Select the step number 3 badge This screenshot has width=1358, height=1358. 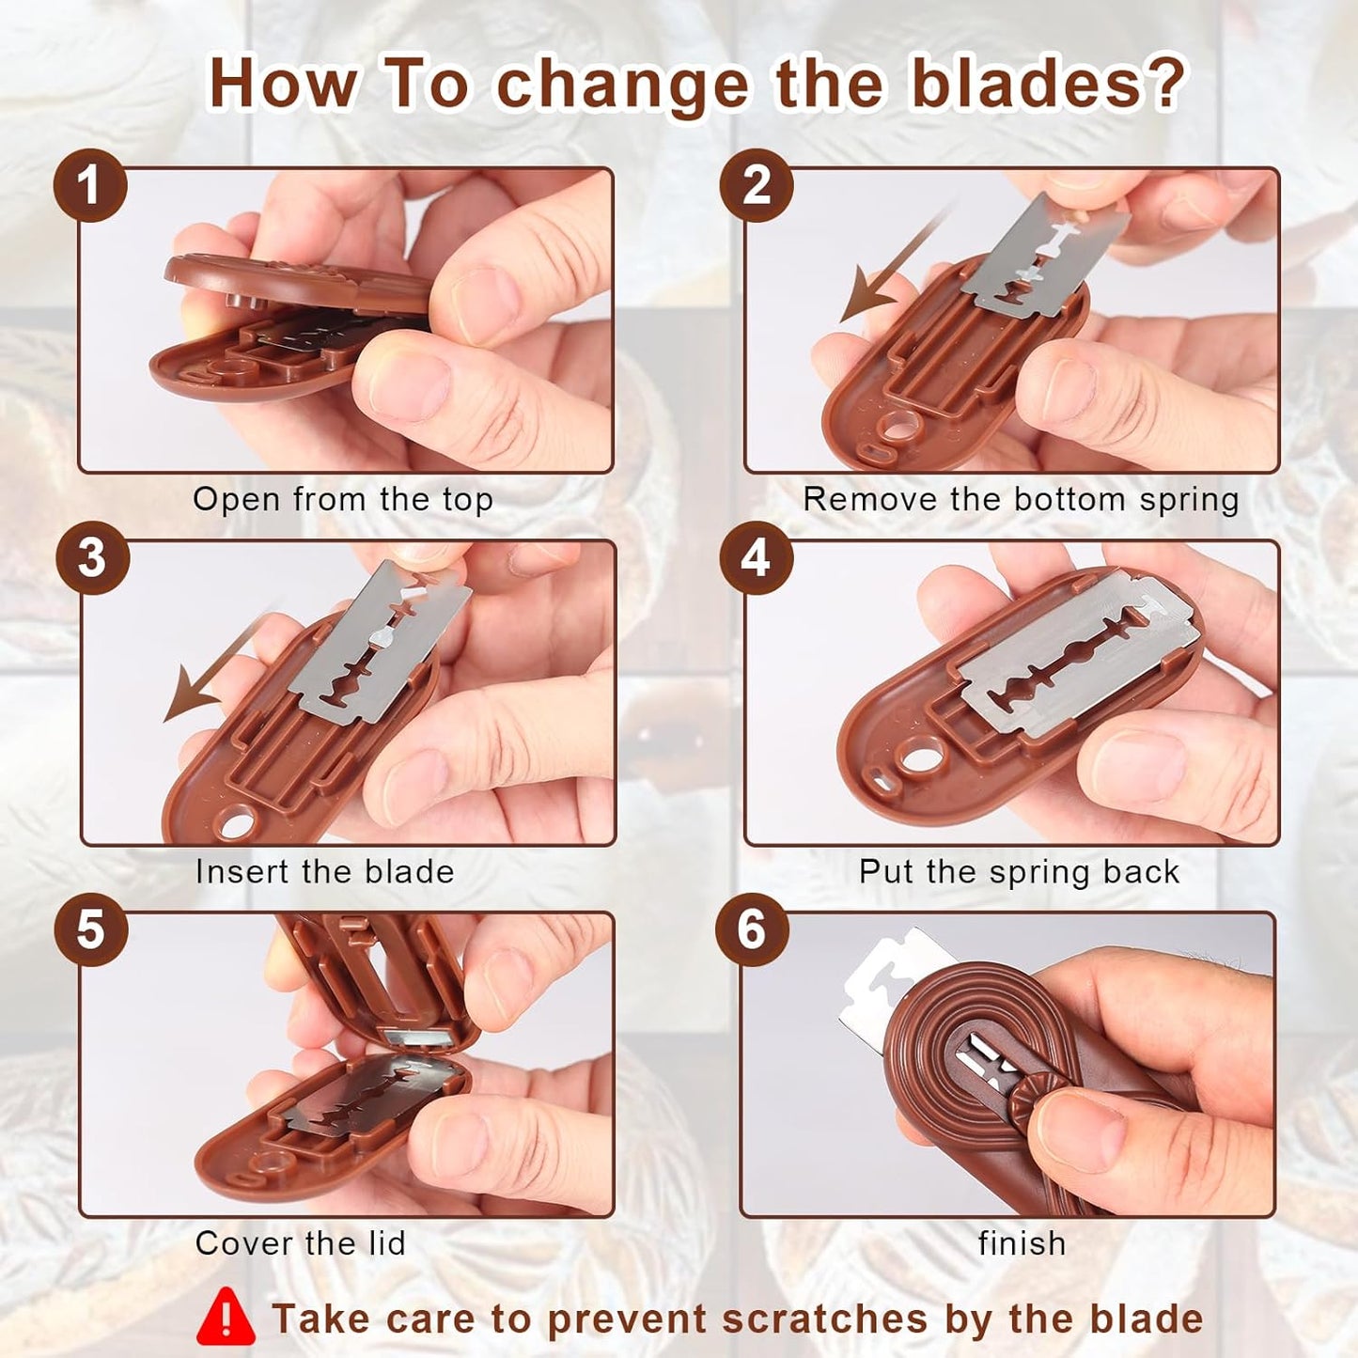[91, 558]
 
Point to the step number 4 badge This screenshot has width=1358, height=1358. [756, 558]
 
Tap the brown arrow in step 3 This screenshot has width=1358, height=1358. [211, 669]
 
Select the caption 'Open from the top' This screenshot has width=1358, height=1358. [342, 500]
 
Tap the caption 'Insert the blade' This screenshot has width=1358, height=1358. [325, 872]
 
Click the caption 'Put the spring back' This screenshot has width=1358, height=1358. [1019, 872]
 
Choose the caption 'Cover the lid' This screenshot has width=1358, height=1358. [301, 1243]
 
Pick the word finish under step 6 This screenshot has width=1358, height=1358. [1022, 1243]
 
